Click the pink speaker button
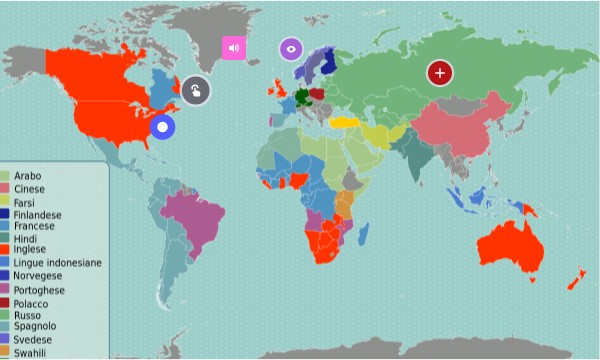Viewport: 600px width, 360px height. [233, 47]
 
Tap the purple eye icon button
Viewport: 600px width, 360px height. [291, 48]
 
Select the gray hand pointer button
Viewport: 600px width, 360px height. [196, 90]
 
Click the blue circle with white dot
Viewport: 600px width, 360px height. [161, 127]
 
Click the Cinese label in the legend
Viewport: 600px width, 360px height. [29, 189]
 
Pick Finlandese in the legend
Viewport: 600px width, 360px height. [38, 214]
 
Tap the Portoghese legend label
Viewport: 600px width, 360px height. [40, 289]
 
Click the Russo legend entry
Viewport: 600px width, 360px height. [28, 315]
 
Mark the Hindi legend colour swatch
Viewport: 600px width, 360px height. [6, 239]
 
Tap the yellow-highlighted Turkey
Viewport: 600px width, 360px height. [346, 122]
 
